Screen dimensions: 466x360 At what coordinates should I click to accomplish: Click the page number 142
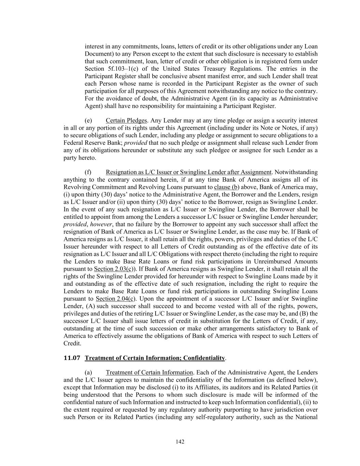click(180, 442)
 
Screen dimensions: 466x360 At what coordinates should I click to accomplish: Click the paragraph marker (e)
click(88, 121)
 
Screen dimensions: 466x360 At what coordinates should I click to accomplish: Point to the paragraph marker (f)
click(88, 172)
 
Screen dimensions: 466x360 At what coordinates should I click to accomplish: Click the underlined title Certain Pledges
click(126, 121)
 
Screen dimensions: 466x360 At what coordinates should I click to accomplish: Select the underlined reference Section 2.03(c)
click(114, 269)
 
